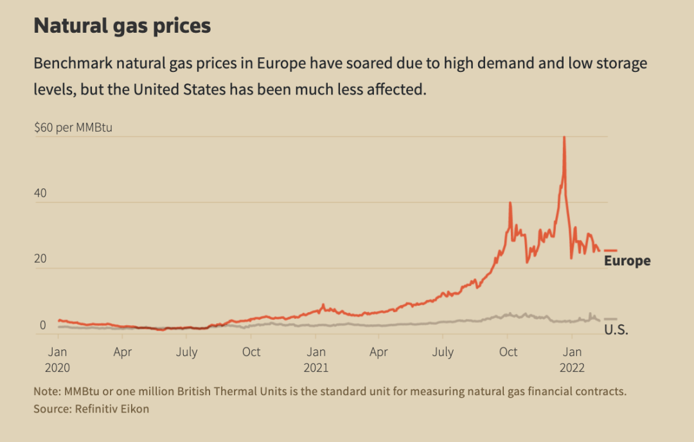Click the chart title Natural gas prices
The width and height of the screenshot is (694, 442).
tap(122, 26)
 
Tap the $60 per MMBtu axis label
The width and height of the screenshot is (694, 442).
tap(73, 127)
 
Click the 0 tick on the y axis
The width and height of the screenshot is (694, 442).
tap(43, 325)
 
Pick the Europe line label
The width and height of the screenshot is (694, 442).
tap(627, 261)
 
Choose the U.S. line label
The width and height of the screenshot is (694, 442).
tap(616, 330)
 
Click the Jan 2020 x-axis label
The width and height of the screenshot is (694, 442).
tap(58, 360)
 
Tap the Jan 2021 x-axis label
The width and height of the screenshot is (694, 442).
tap(316, 360)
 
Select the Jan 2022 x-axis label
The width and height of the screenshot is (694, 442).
tap(573, 360)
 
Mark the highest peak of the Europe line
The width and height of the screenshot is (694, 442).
tap(564, 137)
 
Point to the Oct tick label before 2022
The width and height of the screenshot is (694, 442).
tap(508, 352)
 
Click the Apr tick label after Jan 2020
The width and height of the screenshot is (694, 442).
tap(122, 352)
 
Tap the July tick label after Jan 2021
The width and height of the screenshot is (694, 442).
tap(442, 352)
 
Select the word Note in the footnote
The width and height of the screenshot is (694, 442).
tap(45, 391)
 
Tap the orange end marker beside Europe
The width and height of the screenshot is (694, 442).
tap(610, 251)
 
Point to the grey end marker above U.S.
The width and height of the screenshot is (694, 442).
tap(610, 319)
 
